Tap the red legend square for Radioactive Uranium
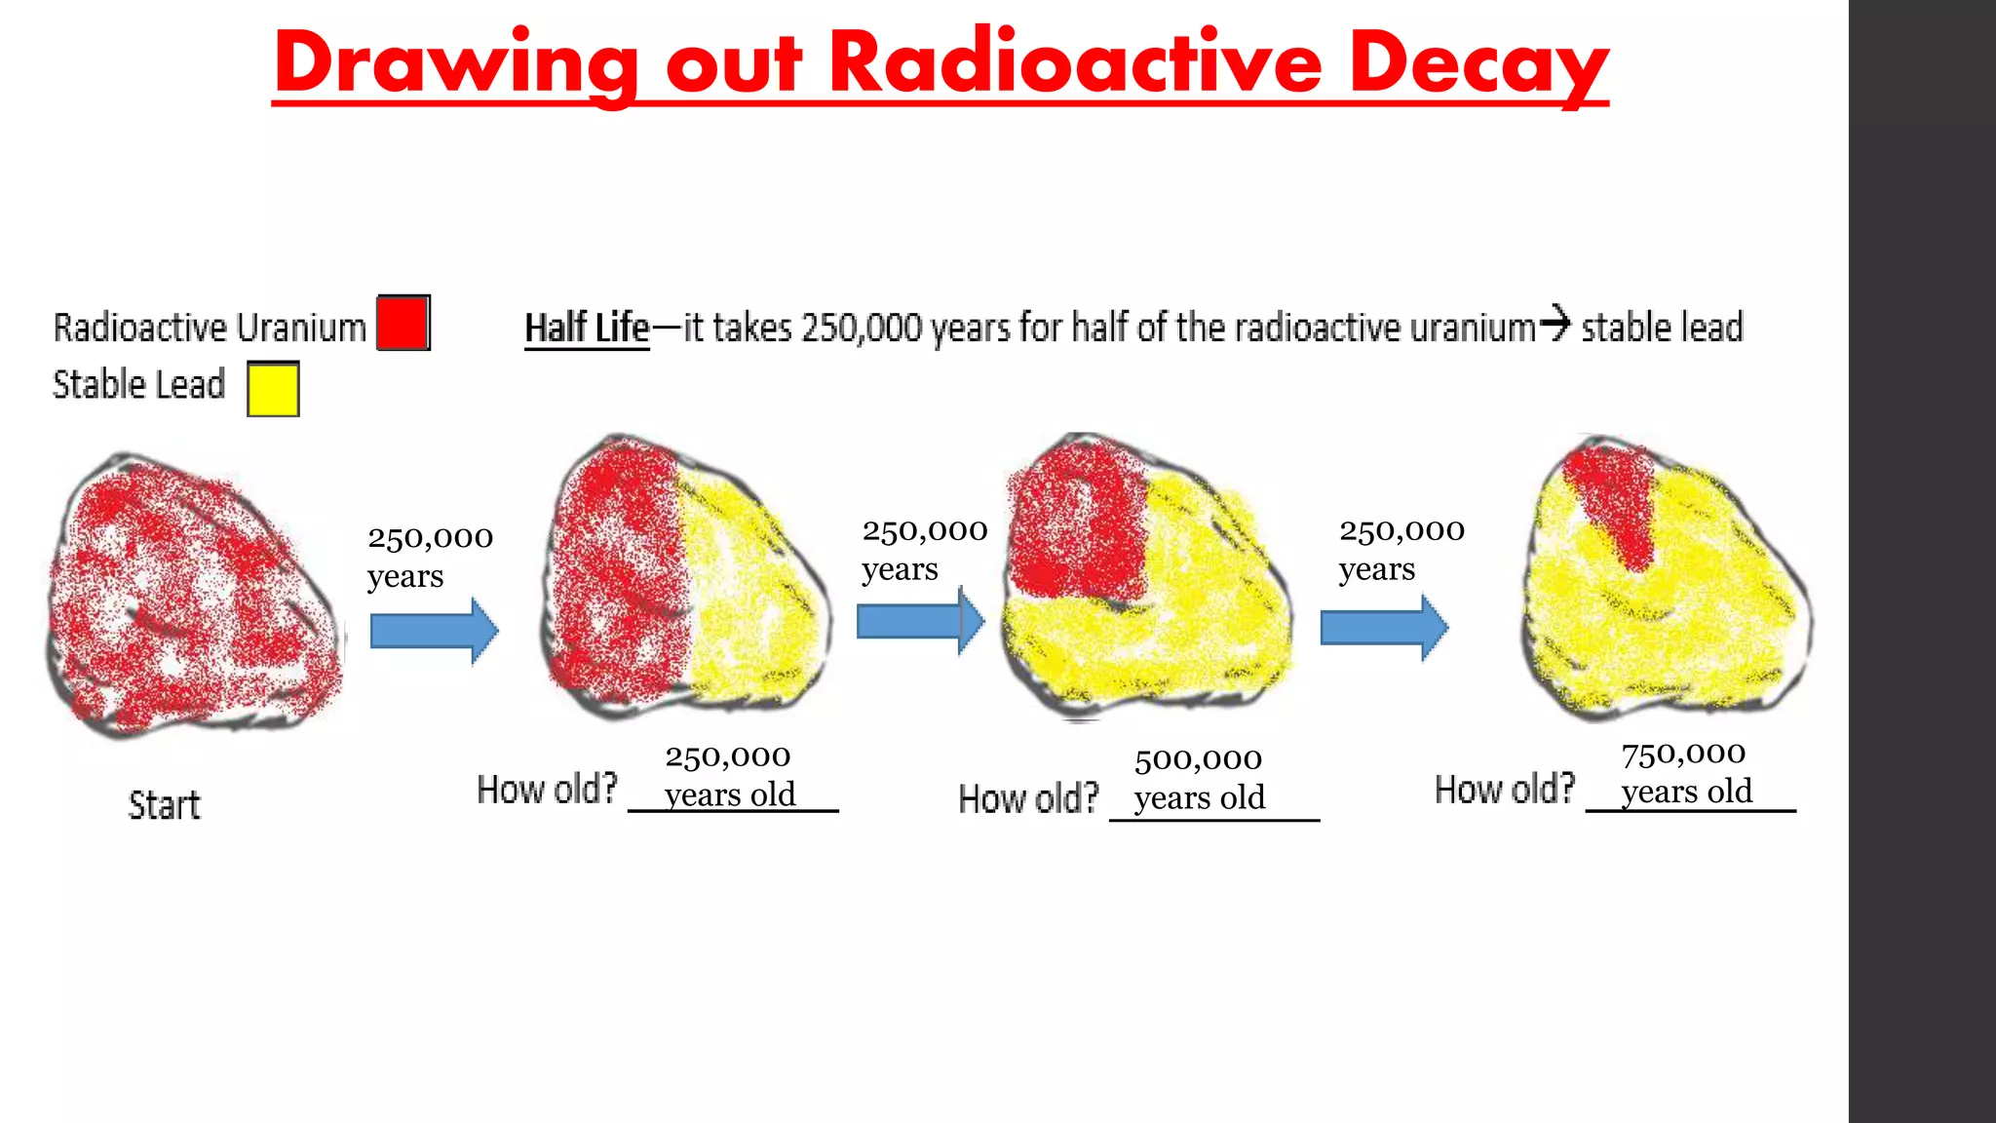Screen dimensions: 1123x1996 click(403, 323)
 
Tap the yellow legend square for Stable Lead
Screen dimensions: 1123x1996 click(273, 389)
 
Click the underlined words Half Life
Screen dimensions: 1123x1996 click(587, 329)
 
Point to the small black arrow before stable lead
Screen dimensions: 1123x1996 click(1556, 323)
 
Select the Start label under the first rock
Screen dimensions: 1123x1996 click(164, 806)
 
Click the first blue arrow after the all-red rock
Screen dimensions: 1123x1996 click(434, 631)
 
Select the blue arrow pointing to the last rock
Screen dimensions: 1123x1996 click(1383, 628)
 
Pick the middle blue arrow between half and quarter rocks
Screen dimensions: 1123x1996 click(919, 621)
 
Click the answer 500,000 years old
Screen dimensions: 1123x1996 click(1199, 778)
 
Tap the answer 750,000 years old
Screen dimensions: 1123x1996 click(1685, 772)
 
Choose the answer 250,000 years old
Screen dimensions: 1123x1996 click(729, 775)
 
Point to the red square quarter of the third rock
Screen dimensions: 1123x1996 click(1077, 522)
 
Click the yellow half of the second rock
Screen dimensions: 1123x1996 click(750, 595)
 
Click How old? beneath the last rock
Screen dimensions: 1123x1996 click(1504, 790)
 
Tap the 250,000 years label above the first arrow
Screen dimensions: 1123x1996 click(430, 557)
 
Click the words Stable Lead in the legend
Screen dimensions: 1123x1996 click(138, 385)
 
